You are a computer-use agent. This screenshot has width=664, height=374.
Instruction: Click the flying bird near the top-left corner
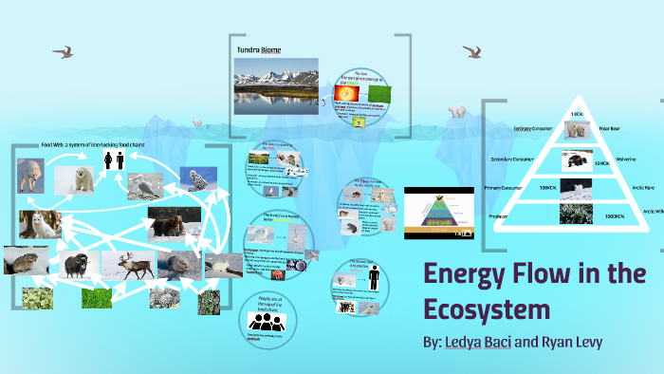coord(65,51)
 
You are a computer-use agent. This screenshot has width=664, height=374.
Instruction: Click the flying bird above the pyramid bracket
coord(471,51)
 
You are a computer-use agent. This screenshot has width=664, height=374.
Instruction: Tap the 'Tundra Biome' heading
coord(259,49)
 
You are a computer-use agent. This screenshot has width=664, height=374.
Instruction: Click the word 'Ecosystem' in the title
coord(487,310)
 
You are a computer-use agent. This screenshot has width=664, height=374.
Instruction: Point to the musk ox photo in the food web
coord(76,263)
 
